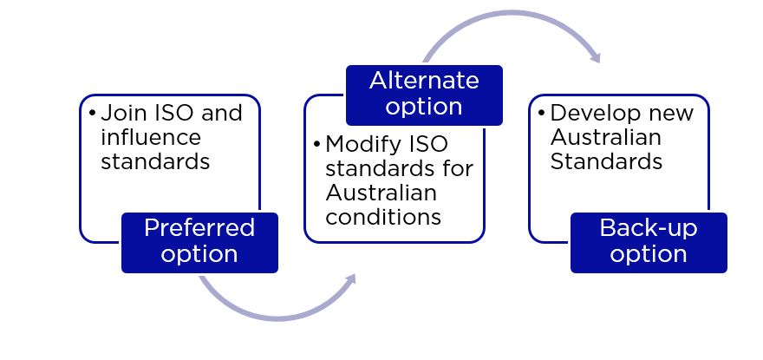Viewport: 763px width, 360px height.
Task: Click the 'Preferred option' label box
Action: click(199, 243)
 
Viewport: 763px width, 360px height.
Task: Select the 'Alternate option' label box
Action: click(424, 95)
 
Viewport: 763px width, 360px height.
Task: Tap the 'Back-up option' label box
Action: click(649, 243)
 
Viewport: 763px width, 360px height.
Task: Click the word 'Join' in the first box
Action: click(123, 114)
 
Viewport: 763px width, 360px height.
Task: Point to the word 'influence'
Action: click(150, 137)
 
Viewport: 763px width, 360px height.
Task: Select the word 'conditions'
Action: click(383, 217)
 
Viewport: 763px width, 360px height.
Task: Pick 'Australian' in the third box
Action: click(605, 137)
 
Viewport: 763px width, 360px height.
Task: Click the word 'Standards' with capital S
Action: click(606, 161)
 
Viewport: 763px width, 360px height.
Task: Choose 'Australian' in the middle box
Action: click(381, 193)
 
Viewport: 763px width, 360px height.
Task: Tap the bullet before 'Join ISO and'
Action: click(93, 114)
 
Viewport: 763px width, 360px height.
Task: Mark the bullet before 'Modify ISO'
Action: click(317, 144)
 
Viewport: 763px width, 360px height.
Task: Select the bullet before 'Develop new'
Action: click(542, 114)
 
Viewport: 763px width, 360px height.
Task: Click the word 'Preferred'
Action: click(199, 228)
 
